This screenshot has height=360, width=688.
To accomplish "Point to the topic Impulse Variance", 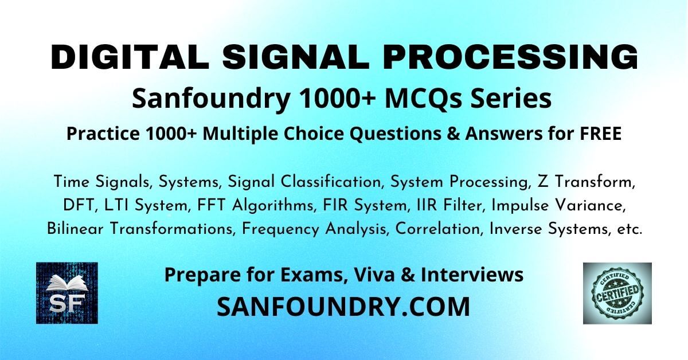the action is click(x=558, y=205).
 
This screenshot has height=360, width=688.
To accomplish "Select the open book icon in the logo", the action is click(x=67, y=283).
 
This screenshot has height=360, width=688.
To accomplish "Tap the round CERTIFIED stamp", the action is click(x=617, y=293).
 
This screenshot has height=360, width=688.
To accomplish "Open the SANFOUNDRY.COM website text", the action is click(x=343, y=307).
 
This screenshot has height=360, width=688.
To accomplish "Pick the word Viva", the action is click(x=374, y=275).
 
